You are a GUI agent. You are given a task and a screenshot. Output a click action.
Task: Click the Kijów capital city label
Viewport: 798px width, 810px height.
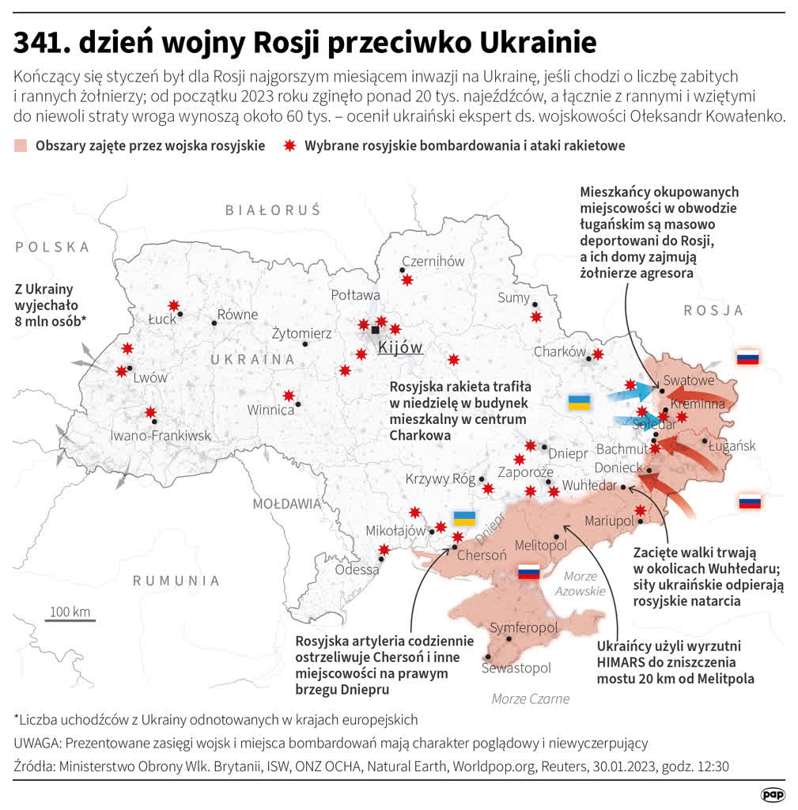pos(400,348)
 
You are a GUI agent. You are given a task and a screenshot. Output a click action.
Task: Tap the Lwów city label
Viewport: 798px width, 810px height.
pos(150,377)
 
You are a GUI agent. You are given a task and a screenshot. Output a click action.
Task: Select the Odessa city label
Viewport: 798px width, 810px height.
pos(357,570)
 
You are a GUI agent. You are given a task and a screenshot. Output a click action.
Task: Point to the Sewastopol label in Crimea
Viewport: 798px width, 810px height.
pos(516,668)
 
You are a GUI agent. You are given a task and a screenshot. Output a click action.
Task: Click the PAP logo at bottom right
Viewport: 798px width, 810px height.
pos(773,794)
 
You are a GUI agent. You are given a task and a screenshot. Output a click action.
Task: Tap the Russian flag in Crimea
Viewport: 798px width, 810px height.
pos(528,573)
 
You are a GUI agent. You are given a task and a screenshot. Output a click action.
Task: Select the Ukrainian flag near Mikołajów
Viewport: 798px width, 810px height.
pos(464,519)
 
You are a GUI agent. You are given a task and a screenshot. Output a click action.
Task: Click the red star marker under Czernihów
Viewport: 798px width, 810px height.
pos(407,280)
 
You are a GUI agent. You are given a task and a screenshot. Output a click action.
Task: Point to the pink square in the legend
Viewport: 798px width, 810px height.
pos(21,146)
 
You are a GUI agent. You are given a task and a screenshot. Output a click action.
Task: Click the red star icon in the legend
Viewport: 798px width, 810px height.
pos(289,146)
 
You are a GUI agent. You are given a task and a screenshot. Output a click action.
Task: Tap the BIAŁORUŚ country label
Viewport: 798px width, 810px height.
pos(273,210)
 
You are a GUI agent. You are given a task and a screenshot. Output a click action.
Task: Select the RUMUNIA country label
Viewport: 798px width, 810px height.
pos(176,581)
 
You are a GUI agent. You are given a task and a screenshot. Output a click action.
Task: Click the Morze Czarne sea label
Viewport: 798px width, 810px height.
pos(530,698)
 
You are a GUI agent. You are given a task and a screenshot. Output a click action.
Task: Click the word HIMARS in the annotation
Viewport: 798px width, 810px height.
pos(622,662)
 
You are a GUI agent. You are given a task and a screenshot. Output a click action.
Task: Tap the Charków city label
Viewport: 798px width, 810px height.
pos(560,351)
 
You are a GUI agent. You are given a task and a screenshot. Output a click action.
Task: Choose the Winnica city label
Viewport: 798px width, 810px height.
pos(270,410)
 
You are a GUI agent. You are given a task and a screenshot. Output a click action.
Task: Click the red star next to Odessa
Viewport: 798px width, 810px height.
pos(384,550)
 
